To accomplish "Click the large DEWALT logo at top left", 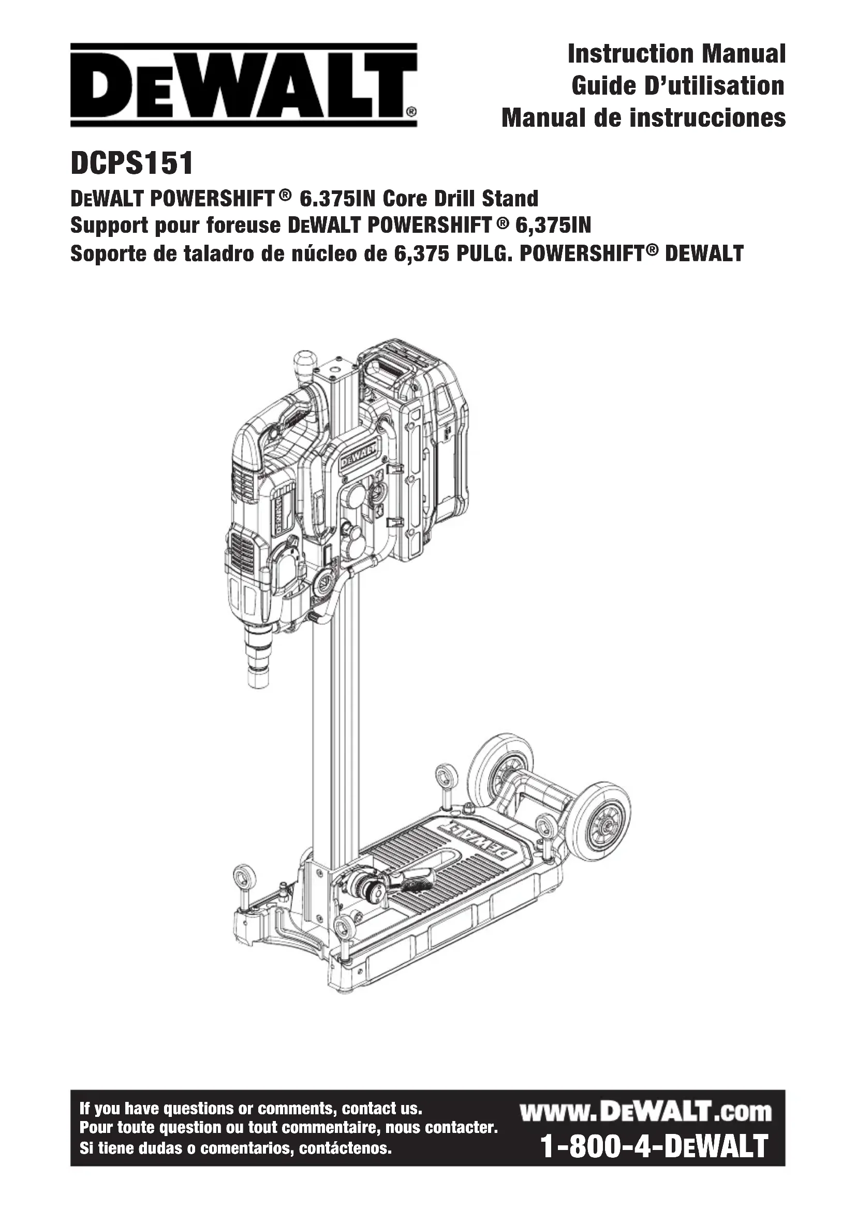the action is click(244, 85).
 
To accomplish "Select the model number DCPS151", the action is click(132, 163).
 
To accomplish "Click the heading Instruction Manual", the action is click(676, 54).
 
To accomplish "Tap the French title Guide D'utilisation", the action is click(678, 86).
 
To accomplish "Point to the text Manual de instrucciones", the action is click(644, 117).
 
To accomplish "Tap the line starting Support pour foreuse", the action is click(331, 226).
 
